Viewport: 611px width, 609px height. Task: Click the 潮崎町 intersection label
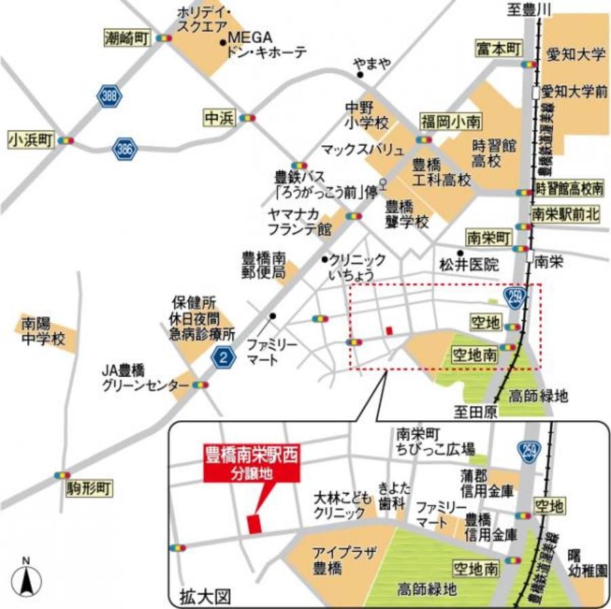(x=126, y=38)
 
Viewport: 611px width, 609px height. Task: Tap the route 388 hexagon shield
(x=109, y=96)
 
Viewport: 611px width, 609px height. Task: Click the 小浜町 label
(x=30, y=140)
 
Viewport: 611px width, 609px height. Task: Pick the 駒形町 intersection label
(x=91, y=487)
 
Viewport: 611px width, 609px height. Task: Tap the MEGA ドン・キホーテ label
(x=267, y=44)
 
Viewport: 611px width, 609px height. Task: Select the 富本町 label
(x=498, y=49)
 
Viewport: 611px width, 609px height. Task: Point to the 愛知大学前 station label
(x=576, y=91)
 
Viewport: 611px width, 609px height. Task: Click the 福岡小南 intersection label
(x=450, y=122)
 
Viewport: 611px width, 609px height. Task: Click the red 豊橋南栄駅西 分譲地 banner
(x=253, y=464)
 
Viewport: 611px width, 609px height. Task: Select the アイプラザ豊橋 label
(x=334, y=559)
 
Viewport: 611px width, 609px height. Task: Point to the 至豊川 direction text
(x=531, y=9)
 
